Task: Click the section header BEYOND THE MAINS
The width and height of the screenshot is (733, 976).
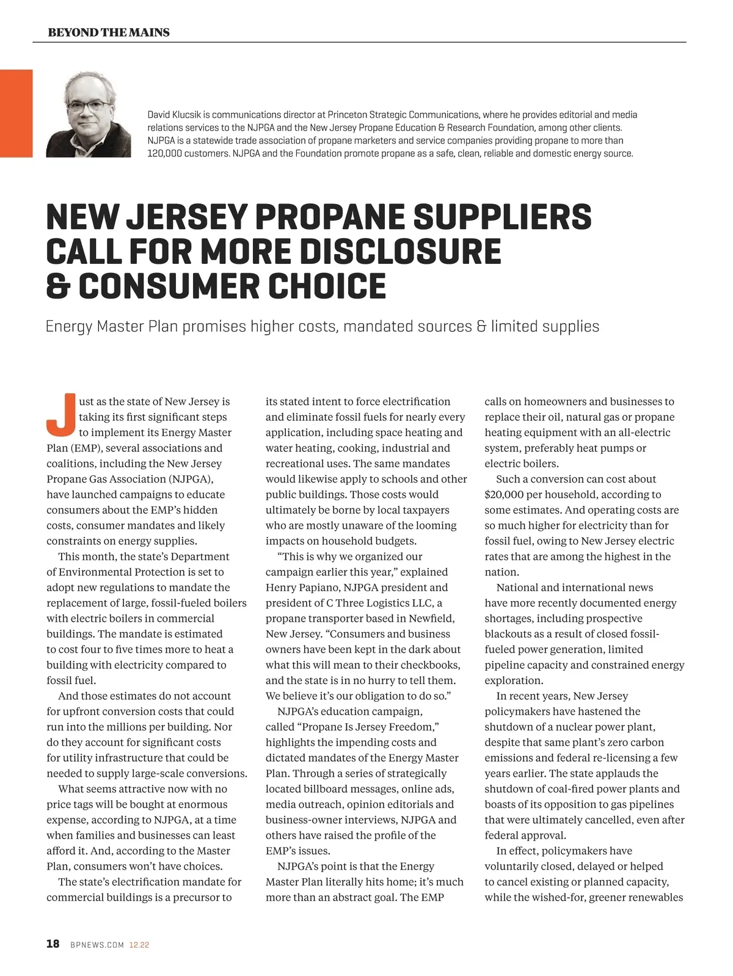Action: click(x=109, y=32)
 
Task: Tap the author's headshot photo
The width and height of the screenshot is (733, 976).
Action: click(x=89, y=114)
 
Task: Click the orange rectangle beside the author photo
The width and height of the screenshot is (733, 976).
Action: click(x=16, y=114)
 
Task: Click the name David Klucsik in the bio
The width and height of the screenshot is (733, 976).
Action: click(x=175, y=115)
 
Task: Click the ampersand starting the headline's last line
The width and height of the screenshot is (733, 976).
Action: click(x=57, y=286)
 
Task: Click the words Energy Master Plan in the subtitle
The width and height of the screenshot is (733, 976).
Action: click(x=111, y=326)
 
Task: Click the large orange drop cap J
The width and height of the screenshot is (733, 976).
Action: click(x=60, y=413)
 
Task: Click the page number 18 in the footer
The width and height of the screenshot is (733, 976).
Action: click(x=53, y=944)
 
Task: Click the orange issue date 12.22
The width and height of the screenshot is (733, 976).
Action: click(x=139, y=945)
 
